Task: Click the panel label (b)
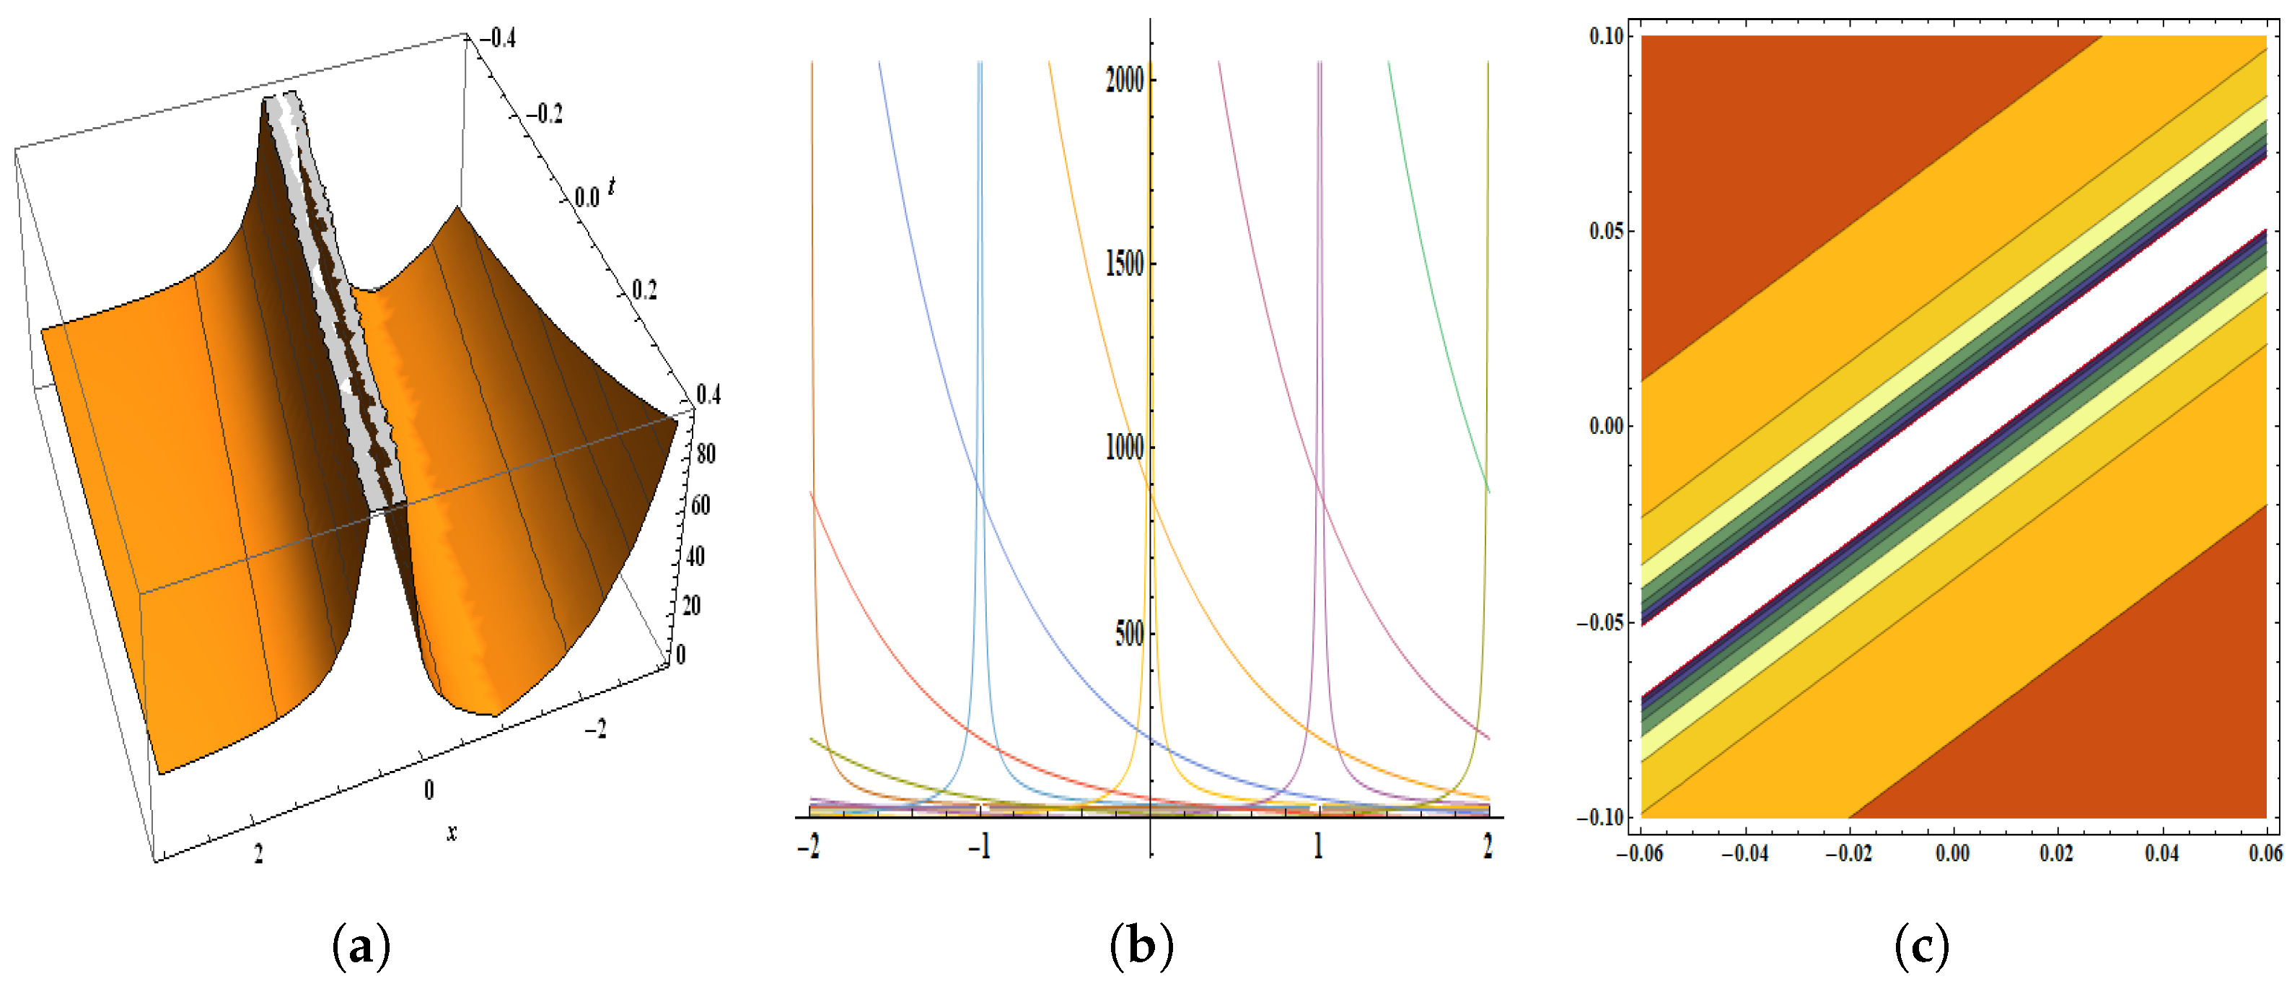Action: [1141, 946]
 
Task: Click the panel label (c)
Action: [1922, 946]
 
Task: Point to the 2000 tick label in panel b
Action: [1124, 80]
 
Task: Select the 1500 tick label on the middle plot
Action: [1124, 263]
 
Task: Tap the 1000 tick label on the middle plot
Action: [1124, 448]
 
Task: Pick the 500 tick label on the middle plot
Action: [1129, 633]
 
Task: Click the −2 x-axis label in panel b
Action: [808, 845]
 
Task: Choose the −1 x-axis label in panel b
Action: [979, 845]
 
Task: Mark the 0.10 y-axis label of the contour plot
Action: [1607, 37]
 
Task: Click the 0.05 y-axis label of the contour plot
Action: [1607, 232]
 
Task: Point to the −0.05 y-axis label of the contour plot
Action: [1599, 622]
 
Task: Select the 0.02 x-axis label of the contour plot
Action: [2057, 854]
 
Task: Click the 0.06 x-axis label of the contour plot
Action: [2265, 854]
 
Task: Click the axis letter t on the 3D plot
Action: [611, 187]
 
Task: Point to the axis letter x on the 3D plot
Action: [452, 833]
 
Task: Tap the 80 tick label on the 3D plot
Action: [706, 454]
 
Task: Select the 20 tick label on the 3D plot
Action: [691, 606]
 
